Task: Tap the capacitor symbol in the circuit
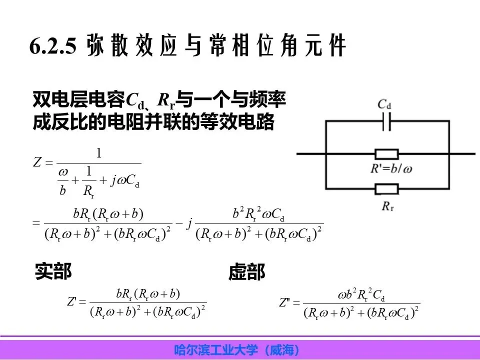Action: [385, 122]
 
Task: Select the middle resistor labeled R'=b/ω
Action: [386, 154]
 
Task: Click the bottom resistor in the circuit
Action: [386, 189]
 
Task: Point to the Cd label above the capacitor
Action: [384, 104]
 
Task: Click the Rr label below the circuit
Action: [386, 205]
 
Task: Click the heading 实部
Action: [53, 271]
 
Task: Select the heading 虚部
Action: [246, 272]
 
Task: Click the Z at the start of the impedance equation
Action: [36, 162]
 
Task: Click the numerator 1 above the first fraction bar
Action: [99, 153]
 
